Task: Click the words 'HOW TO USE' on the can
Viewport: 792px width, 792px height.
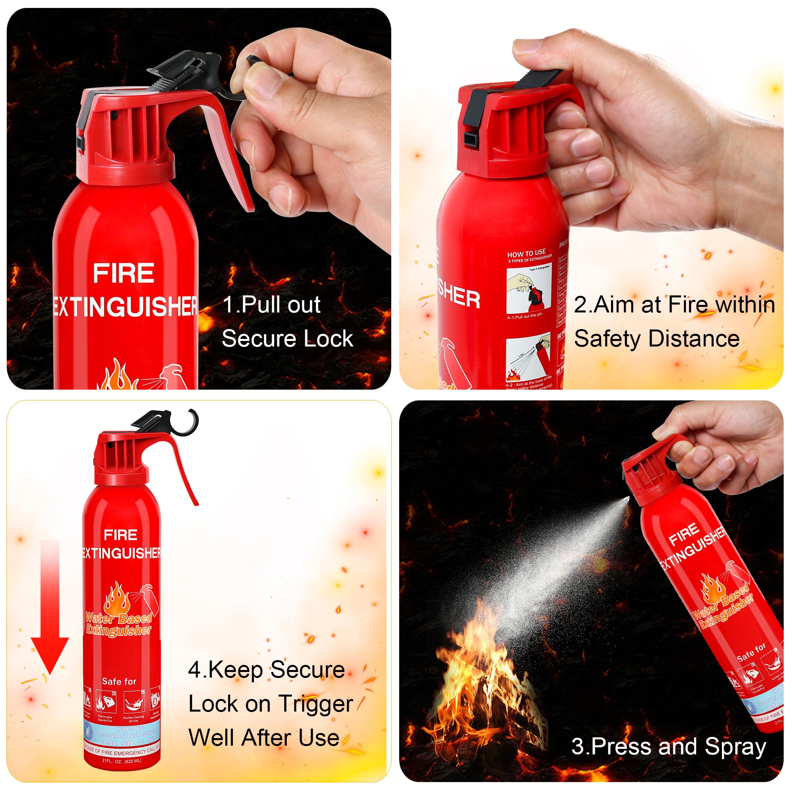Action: pyautogui.click(x=526, y=253)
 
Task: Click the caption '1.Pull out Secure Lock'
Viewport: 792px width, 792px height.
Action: pyautogui.click(x=287, y=322)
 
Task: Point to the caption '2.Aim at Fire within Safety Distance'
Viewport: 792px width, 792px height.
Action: pyautogui.click(x=674, y=322)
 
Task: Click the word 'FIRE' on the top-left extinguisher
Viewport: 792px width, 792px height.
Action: pyautogui.click(x=124, y=273)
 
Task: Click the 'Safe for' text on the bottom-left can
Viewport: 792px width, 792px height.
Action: pyautogui.click(x=119, y=681)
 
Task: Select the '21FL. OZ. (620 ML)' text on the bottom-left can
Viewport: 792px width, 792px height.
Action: pyautogui.click(x=121, y=761)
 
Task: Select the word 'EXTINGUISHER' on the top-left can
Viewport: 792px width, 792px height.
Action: pyautogui.click(x=125, y=307)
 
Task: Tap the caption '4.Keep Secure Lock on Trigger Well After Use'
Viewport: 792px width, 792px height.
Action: pyautogui.click(x=268, y=704)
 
